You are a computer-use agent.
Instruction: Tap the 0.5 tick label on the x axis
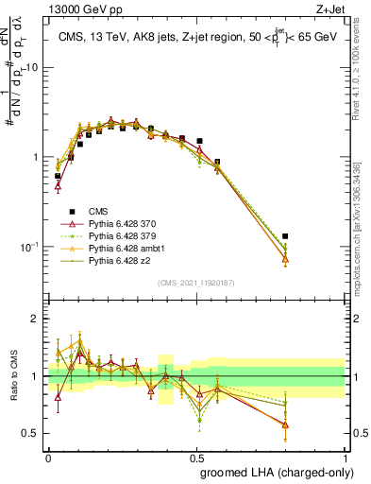click(x=196, y=456)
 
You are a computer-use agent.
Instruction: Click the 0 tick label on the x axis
click(x=49, y=456)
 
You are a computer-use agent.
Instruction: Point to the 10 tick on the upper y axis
click(x=32, y=68)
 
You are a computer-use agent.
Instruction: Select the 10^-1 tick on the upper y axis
click(x=29, y=247)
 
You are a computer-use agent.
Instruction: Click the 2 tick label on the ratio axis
click(x=36, y=319)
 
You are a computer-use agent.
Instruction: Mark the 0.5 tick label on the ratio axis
click(x=31, y=434)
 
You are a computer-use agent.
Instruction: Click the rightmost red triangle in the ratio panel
click(x=285, y=425)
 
